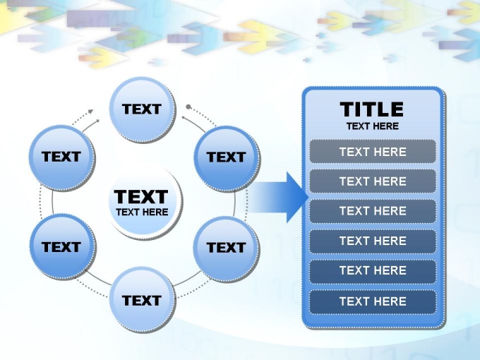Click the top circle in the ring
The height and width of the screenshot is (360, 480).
(x=143, y=109)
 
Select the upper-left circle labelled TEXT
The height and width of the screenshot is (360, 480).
(x=62, y=157)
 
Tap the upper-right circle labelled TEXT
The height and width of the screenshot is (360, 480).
(x=227, y=158)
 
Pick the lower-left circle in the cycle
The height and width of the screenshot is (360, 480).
(x=63, y=247)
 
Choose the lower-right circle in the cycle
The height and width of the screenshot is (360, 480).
(x=227, y=248)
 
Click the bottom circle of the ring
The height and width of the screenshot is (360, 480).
(x=143, y=300)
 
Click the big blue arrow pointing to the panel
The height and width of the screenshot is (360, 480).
(x=277, y=197)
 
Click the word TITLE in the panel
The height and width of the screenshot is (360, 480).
(x=371, y=109)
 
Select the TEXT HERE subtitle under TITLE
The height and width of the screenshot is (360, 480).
(x=373, y=126)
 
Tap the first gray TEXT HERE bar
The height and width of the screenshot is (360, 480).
(x=373, y=152)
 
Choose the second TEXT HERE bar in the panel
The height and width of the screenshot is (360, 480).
(x=373, y=181)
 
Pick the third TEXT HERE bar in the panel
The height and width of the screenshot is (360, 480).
(x=373, y=211)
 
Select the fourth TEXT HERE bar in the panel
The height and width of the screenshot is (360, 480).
(x=373, y=241)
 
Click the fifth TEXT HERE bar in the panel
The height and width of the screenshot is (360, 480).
(x=373, y=271)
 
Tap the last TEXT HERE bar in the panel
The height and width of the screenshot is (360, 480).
(x=373, y=301)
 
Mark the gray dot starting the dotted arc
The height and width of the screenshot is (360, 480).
(x=188, y=107)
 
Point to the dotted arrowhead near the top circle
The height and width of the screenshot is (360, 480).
(x=90, y=111)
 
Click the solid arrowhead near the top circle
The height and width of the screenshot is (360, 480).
(x=97, y=121)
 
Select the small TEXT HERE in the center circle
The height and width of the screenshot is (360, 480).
(x=142, y=212)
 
